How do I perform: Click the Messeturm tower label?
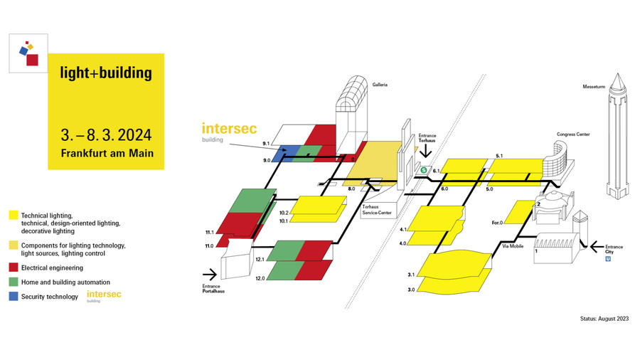pyautogui.click(x=594, y=87)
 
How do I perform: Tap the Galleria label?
pyautogui.click(x=380, y=85)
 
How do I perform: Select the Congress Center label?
pyautogui.click(x=573, y=134)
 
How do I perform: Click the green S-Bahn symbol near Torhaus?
pyautogui.click(x=424, y=170)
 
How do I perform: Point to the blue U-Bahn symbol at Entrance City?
pyautogui.click(x=608, y=259)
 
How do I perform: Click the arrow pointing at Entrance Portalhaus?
pyautogui.click(x=210, y=275)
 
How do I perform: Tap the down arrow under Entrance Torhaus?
pyautogui.click(x=426, y=151)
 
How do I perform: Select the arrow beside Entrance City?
pyautogui.click(x=597, y=247)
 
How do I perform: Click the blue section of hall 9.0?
pyautogui.click(x=285, y=154)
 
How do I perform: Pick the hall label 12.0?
pyautogui.click(x=260, y=278)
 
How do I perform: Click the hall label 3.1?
pyautogui.click(x=411, y=275)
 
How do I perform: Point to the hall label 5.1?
pyautogui.click(x=499, y=156)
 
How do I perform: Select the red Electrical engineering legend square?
pyautogui.click(x=14, y=268)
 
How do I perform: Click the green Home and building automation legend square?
pyautogui.click(x=14, y=282)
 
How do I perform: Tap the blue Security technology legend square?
pyautogui.click(x=14, y=296)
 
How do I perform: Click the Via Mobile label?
pyautogui.click(x=513, y=246)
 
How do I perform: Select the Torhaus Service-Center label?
pyautogui.click(x=377, y=210)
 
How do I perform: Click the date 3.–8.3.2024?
pyautogui.click(x=106, y=135)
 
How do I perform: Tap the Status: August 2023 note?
pyautogui.click(x=604, y=318)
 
